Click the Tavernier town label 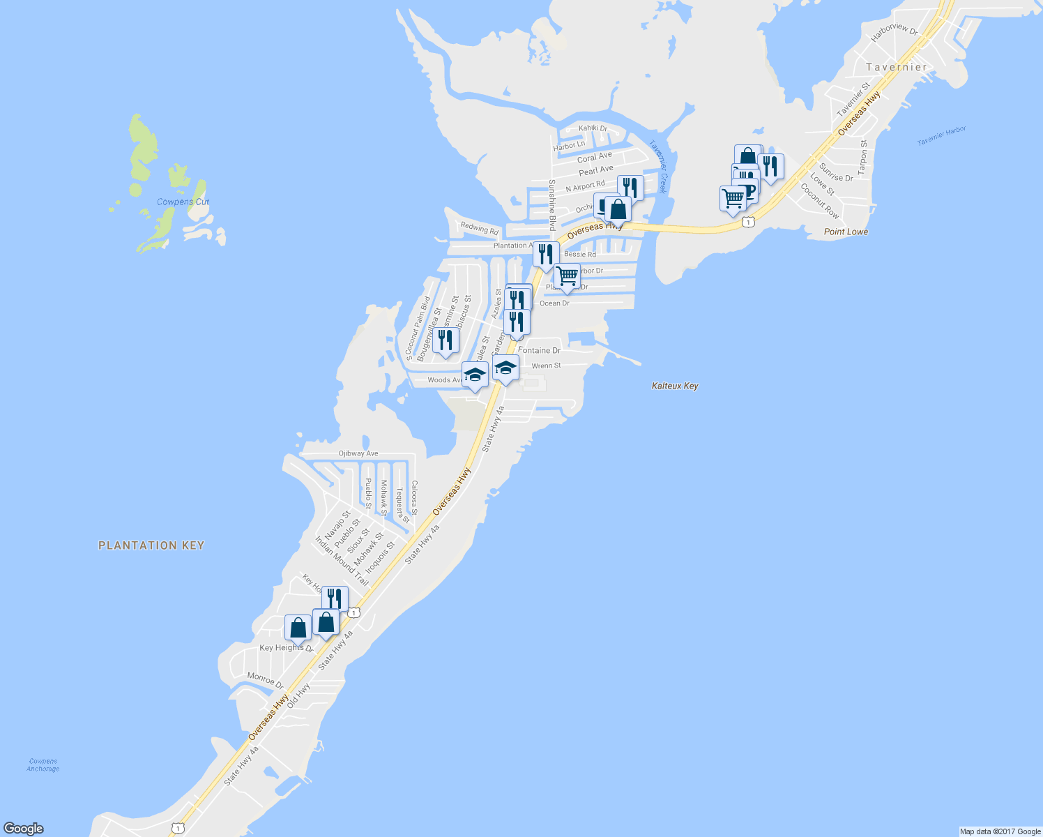897,68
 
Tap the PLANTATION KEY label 151,545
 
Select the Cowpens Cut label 183,202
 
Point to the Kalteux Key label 675,386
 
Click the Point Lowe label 846,232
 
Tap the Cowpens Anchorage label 43,765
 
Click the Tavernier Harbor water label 941,136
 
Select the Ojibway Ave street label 358,453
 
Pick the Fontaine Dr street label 540,350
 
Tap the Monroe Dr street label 266,680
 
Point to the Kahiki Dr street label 593,128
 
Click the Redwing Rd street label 480,228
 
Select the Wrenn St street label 546,365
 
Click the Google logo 23,829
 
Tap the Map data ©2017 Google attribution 1000,831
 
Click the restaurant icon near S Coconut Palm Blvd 446,340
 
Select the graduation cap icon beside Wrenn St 505,368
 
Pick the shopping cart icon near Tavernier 732,199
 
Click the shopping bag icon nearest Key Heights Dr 298,628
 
